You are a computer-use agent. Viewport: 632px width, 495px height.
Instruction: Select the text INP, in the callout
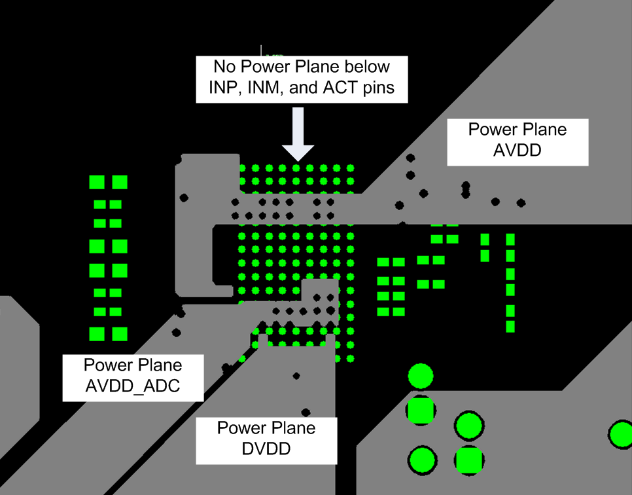224,87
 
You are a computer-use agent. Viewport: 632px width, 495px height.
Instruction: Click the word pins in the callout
378,87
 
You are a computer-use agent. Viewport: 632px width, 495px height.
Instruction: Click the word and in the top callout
302,87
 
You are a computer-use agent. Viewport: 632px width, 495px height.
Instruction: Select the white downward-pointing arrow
298,135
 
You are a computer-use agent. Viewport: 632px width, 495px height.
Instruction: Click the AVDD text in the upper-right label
518,151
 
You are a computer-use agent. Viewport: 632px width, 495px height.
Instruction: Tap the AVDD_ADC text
133,386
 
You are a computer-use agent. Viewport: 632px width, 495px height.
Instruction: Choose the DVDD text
266,449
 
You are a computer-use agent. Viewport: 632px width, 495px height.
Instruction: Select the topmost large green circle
421,376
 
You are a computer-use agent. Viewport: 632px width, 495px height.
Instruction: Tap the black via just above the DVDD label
306,412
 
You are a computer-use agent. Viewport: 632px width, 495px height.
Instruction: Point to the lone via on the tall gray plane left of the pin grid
184,196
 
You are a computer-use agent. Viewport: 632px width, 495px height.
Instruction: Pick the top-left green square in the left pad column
97,182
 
